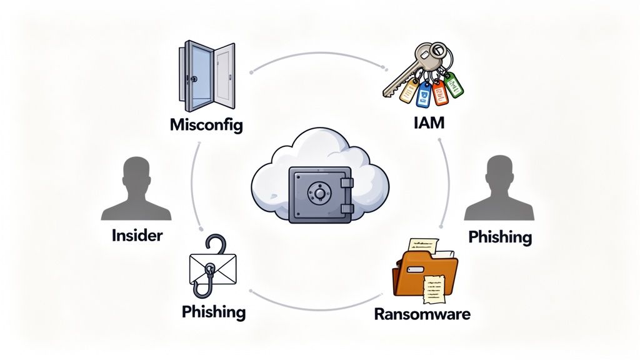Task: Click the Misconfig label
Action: tap(206, 124)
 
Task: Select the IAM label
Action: tap(429, 122)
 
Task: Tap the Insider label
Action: tap(137, 236)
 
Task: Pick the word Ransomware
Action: tap(422, 313)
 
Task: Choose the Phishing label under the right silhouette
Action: tap(500, 237)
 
